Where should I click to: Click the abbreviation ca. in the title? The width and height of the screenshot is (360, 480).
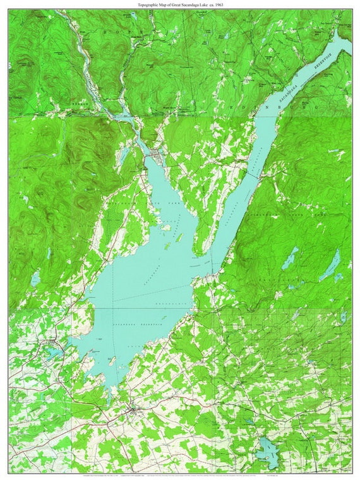(210, 4)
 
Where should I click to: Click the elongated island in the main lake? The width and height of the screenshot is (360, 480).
(180, 238)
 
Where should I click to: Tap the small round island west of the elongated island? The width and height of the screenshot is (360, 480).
(165, 227)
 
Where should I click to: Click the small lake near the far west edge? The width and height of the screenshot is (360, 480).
(35, 278)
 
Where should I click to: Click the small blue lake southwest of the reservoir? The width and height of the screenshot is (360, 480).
(52, 351)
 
